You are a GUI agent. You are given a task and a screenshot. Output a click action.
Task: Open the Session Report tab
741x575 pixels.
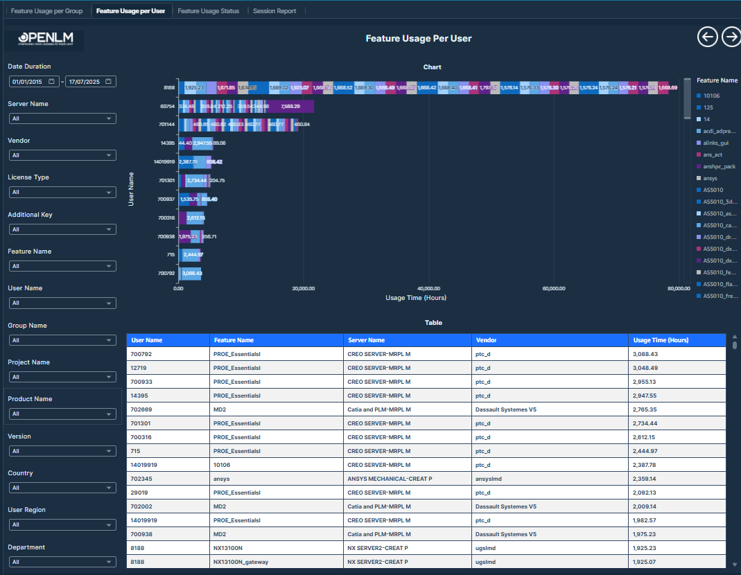point(274,11)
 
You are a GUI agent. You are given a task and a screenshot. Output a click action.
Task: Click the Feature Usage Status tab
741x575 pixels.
point(208,11)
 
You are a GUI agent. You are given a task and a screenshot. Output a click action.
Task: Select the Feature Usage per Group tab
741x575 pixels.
point(46,11)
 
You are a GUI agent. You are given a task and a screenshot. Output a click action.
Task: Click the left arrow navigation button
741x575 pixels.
point(707,37)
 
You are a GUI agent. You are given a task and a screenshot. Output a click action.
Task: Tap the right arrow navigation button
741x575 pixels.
point(731,37)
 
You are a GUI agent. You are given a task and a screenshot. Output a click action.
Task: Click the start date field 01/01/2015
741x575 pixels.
point(33,82)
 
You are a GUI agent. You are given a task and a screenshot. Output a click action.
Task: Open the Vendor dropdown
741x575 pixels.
point(62,155)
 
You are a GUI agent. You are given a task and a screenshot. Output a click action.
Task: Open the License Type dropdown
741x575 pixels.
point(62,192)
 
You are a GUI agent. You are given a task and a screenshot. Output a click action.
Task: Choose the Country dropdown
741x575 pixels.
point(62,488)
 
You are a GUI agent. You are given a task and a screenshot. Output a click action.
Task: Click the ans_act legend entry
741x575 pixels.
point(713,154)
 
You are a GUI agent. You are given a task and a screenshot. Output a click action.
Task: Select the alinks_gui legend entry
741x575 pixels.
point(715,143)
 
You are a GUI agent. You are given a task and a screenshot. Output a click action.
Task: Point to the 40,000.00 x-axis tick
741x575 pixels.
point(429,288)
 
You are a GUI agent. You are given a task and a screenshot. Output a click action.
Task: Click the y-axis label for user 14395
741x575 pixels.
point(167,143)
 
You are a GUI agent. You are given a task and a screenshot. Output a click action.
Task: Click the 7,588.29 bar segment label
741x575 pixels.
point(290,106)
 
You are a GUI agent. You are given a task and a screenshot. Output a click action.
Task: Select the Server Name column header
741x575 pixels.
point(366,340)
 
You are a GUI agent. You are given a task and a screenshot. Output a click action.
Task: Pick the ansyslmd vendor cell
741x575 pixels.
point(490,479)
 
